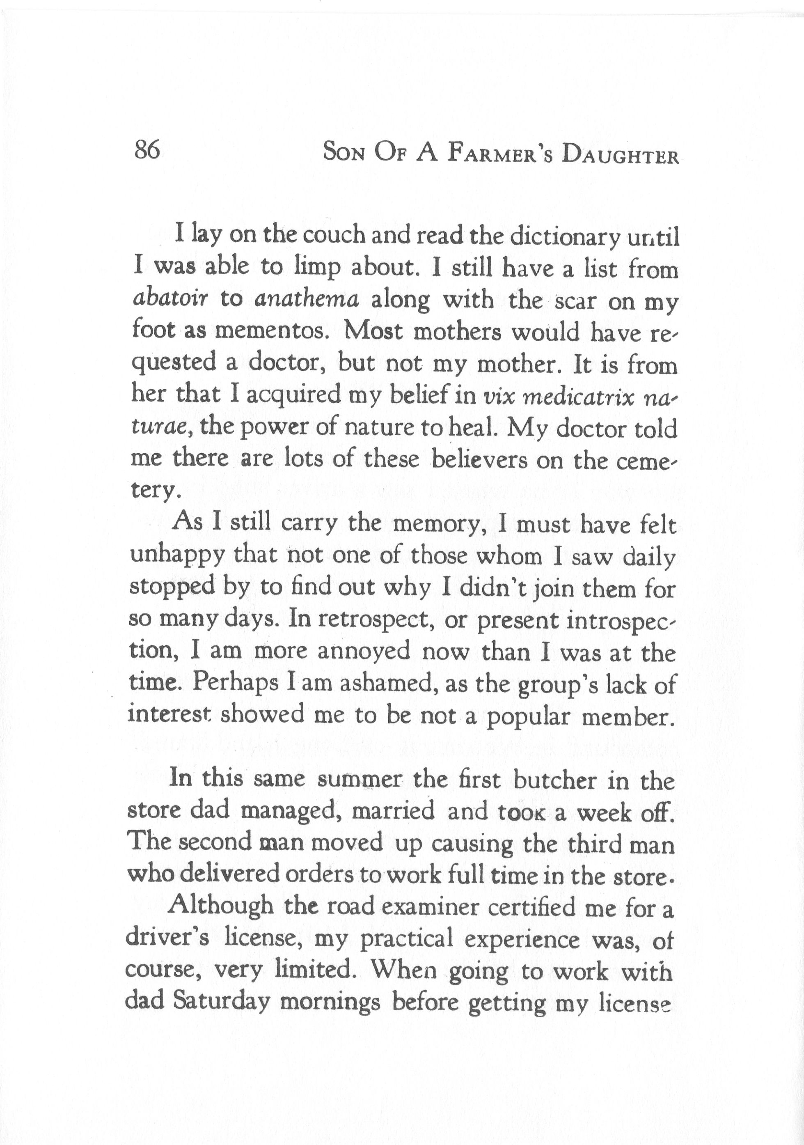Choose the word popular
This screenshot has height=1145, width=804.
pos(528,717)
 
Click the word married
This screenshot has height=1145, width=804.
pos(393,811)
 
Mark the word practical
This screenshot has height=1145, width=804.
pos(406,940)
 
